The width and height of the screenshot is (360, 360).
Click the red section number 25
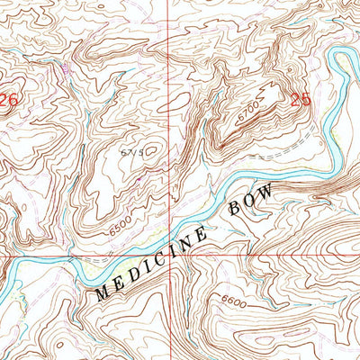pyautogui.click(x=301, y=100)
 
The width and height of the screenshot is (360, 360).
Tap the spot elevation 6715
pyautogui.click(x=132, y=154)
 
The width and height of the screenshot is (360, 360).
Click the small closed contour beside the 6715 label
pyautogui.click(x=152, y=150)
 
